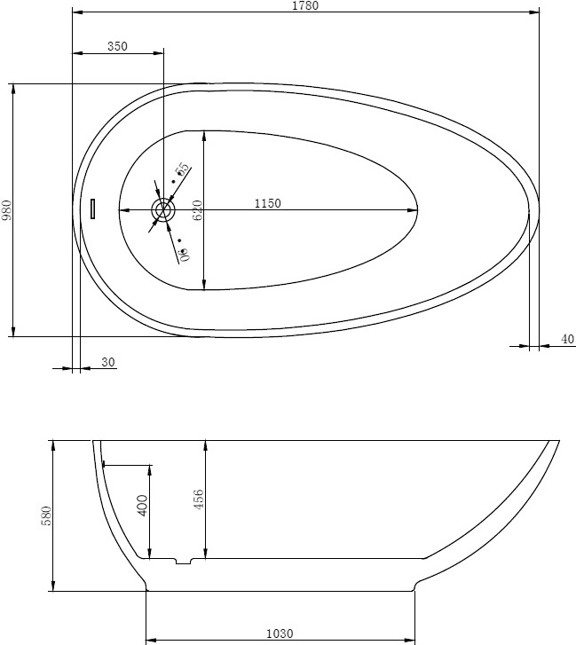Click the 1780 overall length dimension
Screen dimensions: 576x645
click(x=305, y=5)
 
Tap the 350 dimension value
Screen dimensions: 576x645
click(x=118, y=46)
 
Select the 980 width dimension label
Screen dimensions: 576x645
click(x=7, y=210)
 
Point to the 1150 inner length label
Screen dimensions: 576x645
click(x=268, y=203)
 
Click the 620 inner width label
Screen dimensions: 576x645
click(x=198, y=210)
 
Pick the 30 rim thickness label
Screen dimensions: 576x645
click(x=108, y=362)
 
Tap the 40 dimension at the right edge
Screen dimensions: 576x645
click(x=567, y=339)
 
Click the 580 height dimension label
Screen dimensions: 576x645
click(x=47, y=515)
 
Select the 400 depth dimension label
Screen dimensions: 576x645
click(x=142, y=506)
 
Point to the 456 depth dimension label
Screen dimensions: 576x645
click(x=199, y=499)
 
